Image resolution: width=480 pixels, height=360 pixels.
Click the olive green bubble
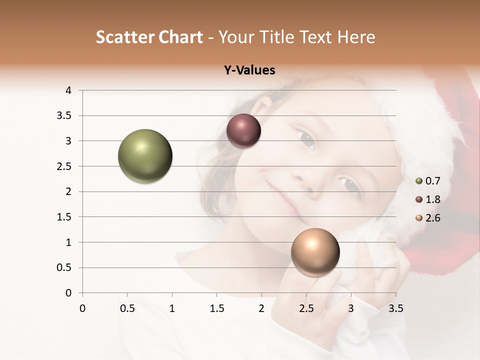pos(145,156)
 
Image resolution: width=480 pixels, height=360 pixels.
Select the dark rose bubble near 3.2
pos(243,131)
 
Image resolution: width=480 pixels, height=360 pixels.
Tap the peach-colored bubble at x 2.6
pos(315,252)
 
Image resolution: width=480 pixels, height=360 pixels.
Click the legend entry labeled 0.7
pos(432,181)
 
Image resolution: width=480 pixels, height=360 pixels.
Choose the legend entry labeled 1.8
pos(432,199)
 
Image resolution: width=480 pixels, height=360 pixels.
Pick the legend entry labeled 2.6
pos(432,218)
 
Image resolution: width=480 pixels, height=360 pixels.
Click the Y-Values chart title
pos(249,70)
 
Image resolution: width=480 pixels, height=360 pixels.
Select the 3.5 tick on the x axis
pos(395,308)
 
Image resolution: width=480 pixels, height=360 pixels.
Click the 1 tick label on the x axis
pos(172,308)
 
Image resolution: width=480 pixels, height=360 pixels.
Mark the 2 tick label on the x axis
pos(261,308)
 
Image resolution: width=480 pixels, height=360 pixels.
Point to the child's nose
pos(306,182)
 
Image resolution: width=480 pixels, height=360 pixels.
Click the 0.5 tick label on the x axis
pos(127,308)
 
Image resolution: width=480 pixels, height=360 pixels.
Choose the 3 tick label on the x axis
pos(351,308)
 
